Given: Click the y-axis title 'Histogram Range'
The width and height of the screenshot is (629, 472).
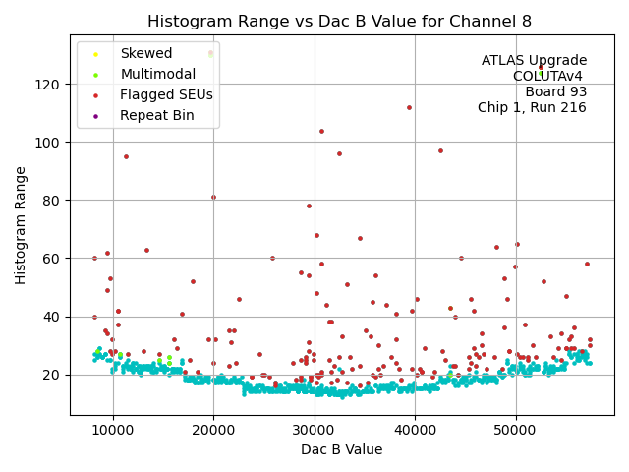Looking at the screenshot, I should [21, 225].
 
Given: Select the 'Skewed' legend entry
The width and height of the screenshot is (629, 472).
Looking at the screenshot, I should [145, 54].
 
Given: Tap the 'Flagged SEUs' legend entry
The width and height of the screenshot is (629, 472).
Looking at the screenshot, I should [165, 94].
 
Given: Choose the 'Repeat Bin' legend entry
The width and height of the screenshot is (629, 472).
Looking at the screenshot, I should [156, 115].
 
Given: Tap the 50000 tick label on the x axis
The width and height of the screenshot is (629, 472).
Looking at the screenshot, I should [516, 430].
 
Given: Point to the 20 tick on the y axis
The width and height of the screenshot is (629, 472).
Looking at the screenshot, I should [51, 375].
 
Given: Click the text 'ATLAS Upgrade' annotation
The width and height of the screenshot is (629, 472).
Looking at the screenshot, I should [534, 61].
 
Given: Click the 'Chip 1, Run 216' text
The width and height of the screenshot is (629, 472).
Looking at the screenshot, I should [532, 108].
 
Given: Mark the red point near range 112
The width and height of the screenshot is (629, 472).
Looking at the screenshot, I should [409, 108].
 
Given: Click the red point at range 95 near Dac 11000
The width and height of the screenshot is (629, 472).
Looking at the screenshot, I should [126, 156].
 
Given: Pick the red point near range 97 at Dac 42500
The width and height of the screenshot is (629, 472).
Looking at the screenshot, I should [440, 151].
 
